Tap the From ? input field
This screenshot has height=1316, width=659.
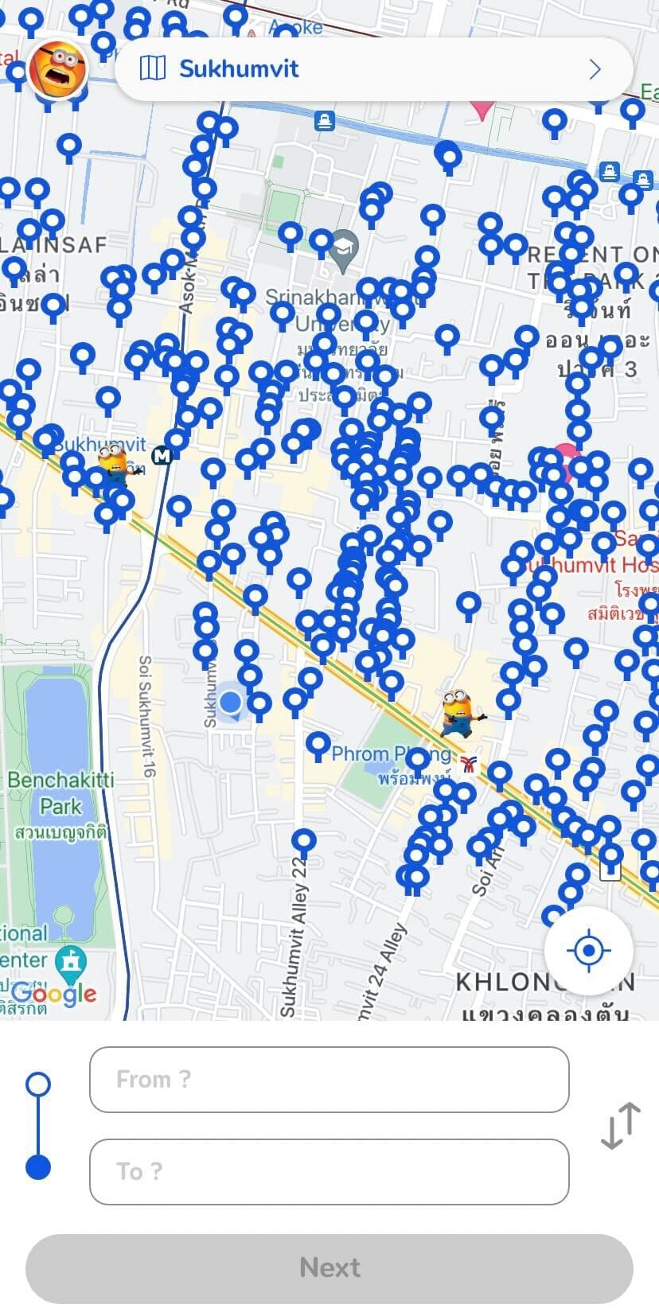pyautogui.click(x=329, y=1080)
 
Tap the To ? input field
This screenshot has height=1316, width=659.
pyautogui.click(x=329, y=1172)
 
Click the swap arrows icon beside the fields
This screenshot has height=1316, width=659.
pyautogui.click(x=620, y=1125)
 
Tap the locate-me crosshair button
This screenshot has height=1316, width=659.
pyautogui.click(x=588, y=950)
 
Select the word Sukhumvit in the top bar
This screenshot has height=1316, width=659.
pyautogui.click(x=239, y=69)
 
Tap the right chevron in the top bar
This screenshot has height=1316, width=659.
pyautogui.click(x=595, y=69)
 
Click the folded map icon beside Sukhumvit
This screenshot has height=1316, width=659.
pyautogui.click(x=152, y=69)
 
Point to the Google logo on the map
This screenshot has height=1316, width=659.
pyautogui.click(x=54, y=993)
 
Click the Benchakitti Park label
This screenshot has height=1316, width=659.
pyautogui.click(x=60, y=792)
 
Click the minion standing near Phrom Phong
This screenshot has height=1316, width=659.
pyautogui.click(x=460, y=712)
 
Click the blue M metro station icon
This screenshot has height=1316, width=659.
pyautogui.click(x=162, y=456)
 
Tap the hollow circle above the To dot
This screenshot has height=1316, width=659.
pyautogui.click(x=38, y=1084)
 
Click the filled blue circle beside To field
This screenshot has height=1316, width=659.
pyautogui.click(x=38, y=1167)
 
